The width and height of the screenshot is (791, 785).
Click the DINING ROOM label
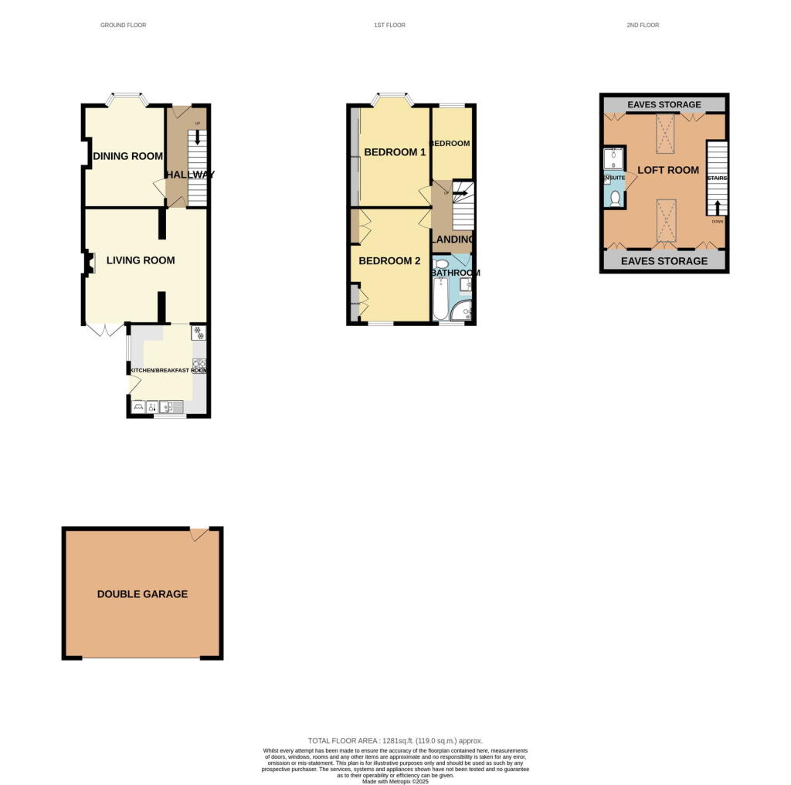[127, 156]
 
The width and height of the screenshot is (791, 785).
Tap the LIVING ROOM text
[141, 260]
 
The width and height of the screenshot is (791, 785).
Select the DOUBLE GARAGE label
[142, 594]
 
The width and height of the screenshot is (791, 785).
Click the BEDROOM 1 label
[395, 152]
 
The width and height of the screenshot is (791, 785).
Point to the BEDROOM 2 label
[389, 261]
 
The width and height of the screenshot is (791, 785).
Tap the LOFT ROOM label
[667, 170]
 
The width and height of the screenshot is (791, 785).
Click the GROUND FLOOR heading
[123, 25]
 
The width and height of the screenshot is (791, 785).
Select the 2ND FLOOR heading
[643, 25]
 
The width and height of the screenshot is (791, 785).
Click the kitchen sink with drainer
[171, 406]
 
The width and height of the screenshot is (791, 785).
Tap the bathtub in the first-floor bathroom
[440, 301]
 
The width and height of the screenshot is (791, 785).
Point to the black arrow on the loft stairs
[718, 207]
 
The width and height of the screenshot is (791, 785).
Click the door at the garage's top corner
[199, 534]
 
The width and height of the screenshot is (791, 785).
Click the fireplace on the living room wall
[90, 264]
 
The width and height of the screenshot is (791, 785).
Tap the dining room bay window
[126, 99]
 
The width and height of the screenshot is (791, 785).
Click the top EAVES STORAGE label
[664, 105]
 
